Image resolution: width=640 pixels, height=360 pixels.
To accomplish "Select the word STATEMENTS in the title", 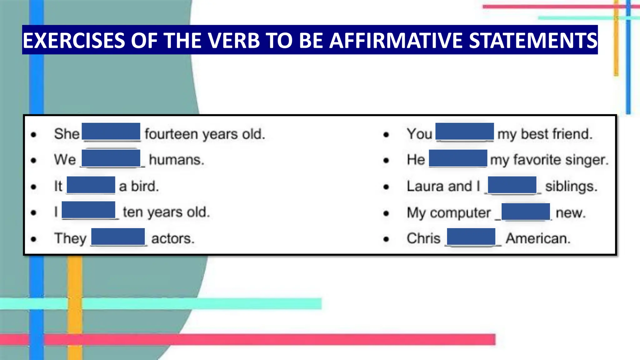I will (533, 41).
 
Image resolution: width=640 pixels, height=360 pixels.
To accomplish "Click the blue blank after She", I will (111, 131).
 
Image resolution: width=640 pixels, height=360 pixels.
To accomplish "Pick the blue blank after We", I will (111, 158).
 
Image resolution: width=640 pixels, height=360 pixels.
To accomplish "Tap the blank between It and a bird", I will (91, 185).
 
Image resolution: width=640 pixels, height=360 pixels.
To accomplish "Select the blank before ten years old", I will (88, 210).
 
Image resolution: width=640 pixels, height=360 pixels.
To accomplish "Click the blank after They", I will (118, 237).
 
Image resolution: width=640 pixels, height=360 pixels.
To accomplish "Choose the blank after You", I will (465, 131).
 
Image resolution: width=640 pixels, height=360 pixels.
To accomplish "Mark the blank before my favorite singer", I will (458, 158).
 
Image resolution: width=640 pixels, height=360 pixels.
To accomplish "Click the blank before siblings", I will (512, 185).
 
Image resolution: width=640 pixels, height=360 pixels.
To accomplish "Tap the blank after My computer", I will (526, 212).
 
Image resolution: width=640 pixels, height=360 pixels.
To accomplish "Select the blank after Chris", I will (471, 237).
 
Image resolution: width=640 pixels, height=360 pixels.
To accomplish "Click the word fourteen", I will (171, 134).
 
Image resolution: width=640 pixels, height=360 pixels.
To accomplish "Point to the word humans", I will (177, 160).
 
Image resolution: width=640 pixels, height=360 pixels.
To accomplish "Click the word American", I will (538, 238).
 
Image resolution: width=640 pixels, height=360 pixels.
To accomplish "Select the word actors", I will (173, 238).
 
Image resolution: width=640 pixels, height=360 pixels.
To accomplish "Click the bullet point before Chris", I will (386, 239).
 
